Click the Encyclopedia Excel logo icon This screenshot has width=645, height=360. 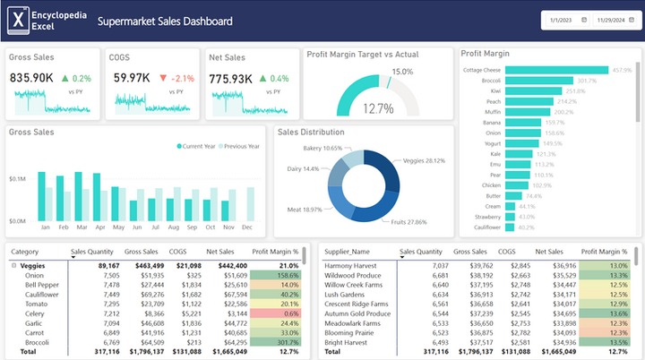16,20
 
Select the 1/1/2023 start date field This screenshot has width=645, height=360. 562,20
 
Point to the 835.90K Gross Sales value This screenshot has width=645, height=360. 33,78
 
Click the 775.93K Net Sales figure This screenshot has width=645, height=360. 232,79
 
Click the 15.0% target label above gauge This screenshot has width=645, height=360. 402,72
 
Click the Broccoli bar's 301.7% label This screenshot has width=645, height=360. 586,81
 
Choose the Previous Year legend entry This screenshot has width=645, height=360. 239,146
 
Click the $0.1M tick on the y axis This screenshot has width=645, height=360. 17,179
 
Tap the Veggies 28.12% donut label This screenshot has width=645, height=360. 424,161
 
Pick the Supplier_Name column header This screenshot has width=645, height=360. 348,253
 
